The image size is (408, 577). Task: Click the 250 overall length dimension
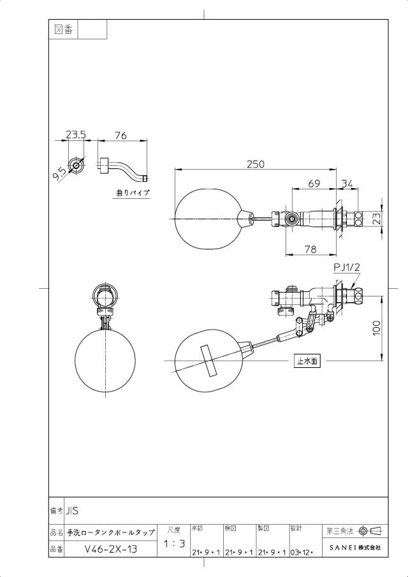tap(256, 164)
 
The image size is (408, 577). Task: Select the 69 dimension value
tap(314, 184)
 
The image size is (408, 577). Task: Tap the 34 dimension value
tap(347, 183)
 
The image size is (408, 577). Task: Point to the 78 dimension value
tap(310, 249)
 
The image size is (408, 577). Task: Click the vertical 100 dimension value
tap(376, 328)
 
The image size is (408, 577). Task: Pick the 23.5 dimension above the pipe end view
tap(76, 135)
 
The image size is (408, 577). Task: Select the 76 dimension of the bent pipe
tap(120, 135)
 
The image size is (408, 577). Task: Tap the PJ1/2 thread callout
tap(346, 268)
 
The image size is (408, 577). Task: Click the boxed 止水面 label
tap(307, 362)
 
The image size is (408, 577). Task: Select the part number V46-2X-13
tap(111, 549)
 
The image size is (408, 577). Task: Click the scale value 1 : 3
tap(174, 543)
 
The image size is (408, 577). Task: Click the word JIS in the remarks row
tap(73, 511)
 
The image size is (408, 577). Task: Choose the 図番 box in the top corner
tap(64, 29)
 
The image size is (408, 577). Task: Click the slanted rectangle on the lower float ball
tap(209, 361)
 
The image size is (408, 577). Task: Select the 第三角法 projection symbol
tap(370, 530)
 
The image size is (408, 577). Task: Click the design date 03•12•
tap(302, 552)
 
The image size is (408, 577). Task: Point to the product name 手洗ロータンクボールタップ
tap(111, 533)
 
